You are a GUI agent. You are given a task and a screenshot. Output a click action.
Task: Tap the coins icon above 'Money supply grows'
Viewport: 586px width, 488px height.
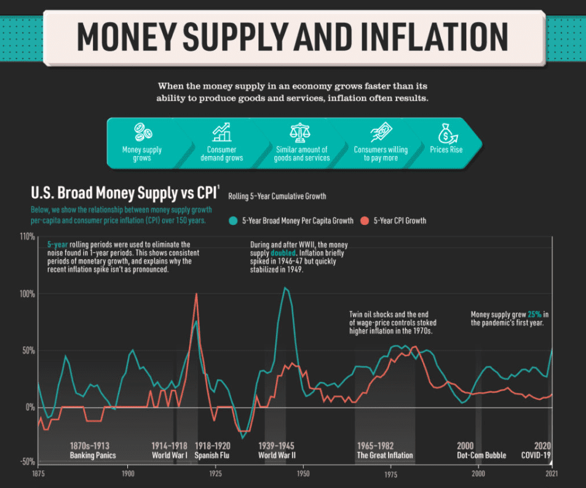[x=143, y=132]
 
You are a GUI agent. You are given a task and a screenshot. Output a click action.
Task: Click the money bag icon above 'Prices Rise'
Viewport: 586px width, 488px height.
[x=446, y=132]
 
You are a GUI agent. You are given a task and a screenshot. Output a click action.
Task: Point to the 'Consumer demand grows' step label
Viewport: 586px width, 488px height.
[x=222, y=154]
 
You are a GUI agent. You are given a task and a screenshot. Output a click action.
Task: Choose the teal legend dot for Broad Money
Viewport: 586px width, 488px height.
[x=233, y=221]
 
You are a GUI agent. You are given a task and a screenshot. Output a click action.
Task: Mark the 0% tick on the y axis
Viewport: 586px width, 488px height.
[x=29, y=407]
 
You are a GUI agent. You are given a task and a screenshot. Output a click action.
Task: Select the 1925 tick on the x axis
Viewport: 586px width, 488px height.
[x=215, y=474]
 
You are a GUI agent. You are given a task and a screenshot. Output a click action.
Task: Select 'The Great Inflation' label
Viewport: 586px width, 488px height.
[x=385, y=455]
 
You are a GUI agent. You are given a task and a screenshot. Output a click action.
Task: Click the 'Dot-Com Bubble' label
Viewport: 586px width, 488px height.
[x=481, y=455]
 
